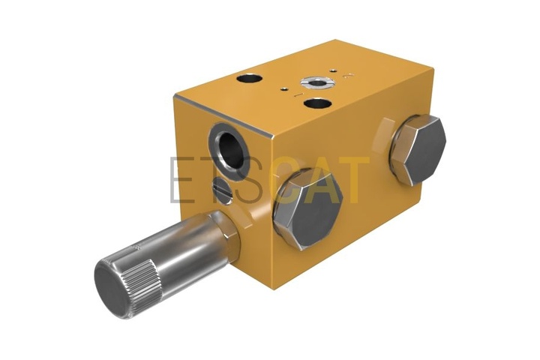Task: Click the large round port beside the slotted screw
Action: coord(229,149)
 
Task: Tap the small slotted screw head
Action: coord(223,190)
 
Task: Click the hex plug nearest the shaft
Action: coord(307,209)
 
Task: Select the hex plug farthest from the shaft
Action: coord(418,150)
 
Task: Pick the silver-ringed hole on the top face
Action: coord(316,82)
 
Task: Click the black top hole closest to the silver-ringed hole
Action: coord(318,103)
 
